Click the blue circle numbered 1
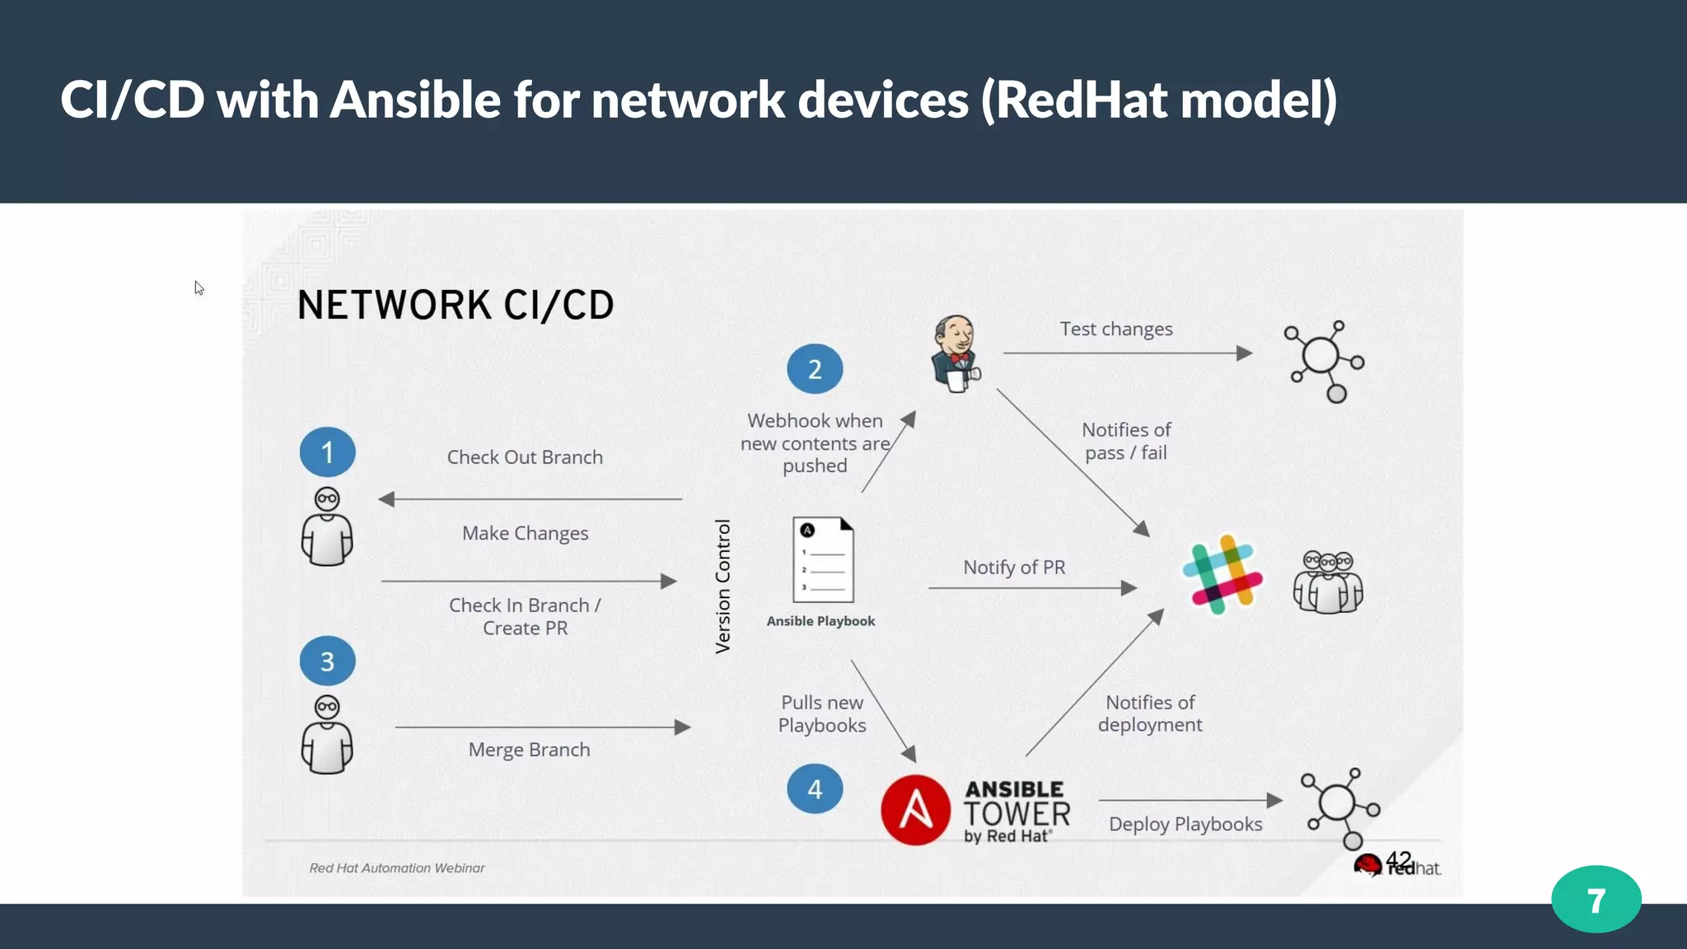click(x=327, y=452)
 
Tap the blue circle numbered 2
click(x=815, y=369)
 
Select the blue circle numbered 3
click(x=327, y=661)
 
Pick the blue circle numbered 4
click(x=815, y=789)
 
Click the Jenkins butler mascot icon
click(x=956, y=354)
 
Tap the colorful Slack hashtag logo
click(x=1222, y=574)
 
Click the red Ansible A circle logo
click(x=915, y=810)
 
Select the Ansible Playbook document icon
click(x=823, y=560)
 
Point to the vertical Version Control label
click(x=722, y=587)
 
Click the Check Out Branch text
click(x=525, y=457)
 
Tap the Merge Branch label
click(x=529, y=750)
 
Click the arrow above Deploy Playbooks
click(x=1189, y=800)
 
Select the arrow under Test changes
click(x=1127, y=353)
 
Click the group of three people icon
click(x=1328, y=582)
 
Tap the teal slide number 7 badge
click(x=1596, y=900)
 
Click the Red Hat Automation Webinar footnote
click(x=396, y=868)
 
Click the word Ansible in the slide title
click(x=415, y=101)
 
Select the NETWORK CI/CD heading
click(x=456, y=306)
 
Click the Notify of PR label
click(x=1014, y=568)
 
